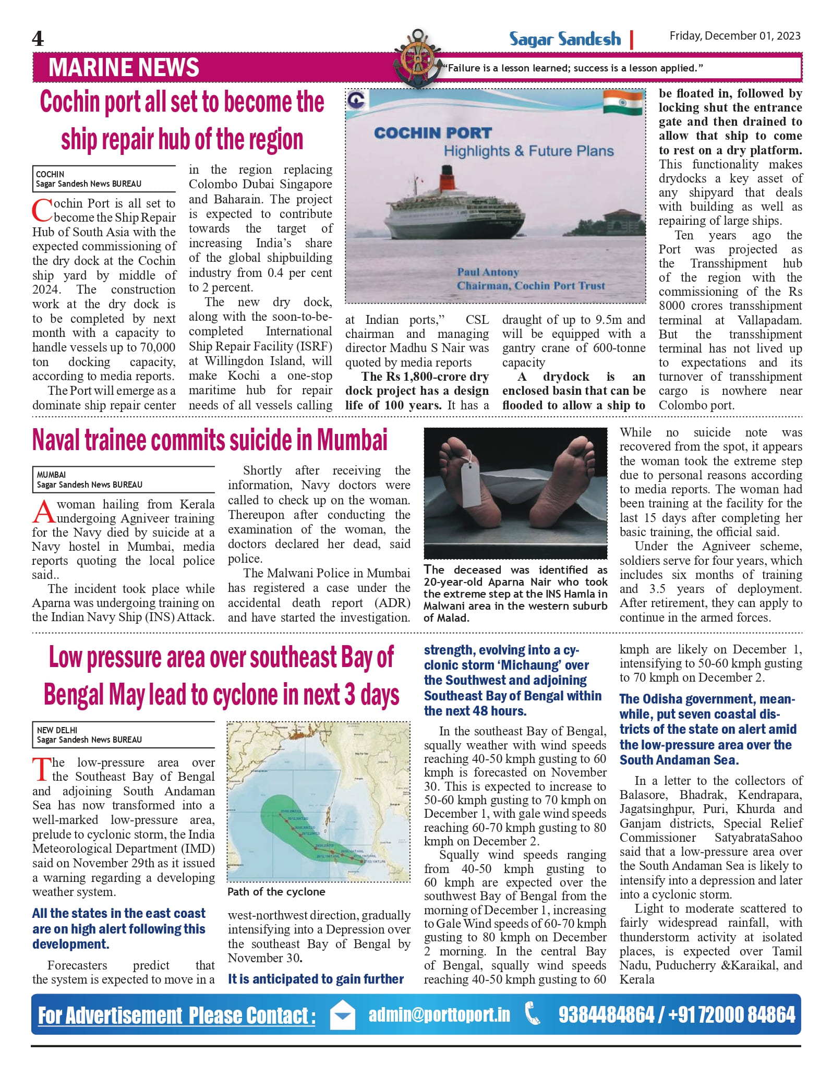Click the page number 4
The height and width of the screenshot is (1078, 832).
tap(38, 39)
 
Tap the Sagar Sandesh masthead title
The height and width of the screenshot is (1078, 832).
tap(565, 40)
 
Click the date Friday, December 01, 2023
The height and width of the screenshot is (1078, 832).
tap(734, 36)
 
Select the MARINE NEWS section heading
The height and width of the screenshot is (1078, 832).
tap(124, 68)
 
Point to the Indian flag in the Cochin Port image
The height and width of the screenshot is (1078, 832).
tap(622, 103)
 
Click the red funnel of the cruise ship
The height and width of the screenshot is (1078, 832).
tap(447, 176)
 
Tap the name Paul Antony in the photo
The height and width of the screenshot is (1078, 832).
tap(488, 272)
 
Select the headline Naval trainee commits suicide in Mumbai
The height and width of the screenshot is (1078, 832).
tap(210, 440)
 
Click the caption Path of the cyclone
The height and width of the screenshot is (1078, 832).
tap(276, 892)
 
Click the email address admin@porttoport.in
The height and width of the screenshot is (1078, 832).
tap(439, 1015)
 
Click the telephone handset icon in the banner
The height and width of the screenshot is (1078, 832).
tap(533, 1015)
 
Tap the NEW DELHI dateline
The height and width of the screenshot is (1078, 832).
tap(57, 730)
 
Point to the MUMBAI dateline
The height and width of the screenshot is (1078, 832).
tap(51, 475)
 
